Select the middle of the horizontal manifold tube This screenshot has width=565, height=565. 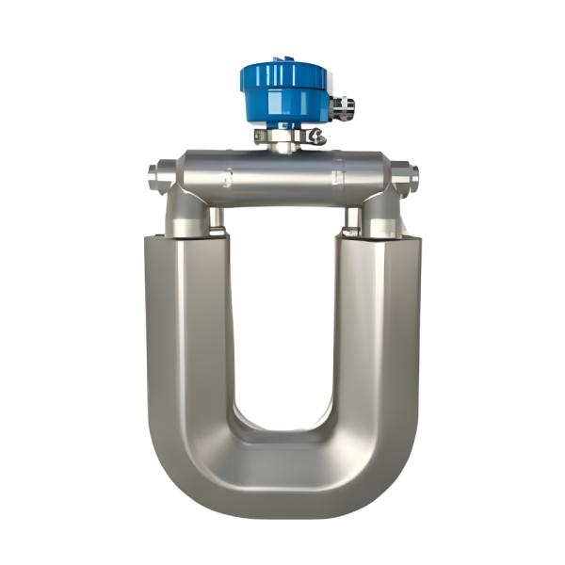click(x=282, y=174)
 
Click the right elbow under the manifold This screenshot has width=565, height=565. click(x=381, y=212)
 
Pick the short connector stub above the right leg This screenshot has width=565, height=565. click(x=353, y=221)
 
